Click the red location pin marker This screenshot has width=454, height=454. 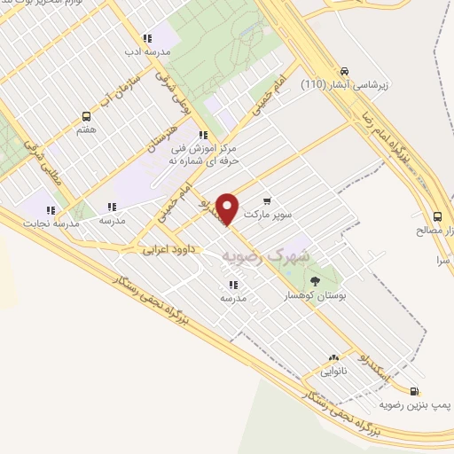pos(229,208)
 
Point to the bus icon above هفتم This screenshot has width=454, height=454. pos(87,116)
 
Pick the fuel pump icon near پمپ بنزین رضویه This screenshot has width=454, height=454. pos(416,391)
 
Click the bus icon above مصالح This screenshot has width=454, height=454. pos(437,216)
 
